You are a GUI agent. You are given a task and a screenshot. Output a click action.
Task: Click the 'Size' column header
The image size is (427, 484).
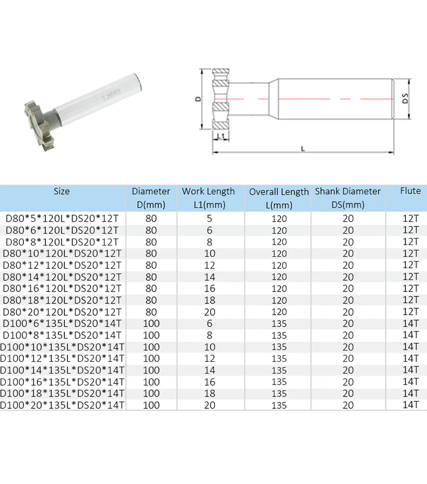pos(62,191)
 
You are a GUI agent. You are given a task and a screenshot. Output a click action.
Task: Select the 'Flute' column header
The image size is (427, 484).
pos(410,191)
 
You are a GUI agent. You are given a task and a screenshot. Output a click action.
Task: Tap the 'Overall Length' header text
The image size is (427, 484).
pos(279,192)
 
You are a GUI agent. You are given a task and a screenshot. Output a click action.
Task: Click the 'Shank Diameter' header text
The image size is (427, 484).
pos(348,191)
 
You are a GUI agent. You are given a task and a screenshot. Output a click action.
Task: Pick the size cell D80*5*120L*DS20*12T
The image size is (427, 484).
pos(62,218)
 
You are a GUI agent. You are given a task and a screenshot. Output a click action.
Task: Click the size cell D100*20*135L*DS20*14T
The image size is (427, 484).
pos(62,405)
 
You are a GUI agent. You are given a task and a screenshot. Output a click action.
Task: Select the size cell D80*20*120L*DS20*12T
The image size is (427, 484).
pos(62,311)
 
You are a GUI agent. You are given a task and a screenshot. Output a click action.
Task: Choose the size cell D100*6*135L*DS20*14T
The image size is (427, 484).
pos(62,323)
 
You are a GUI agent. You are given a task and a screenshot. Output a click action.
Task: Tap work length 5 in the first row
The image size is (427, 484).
pos(210,218)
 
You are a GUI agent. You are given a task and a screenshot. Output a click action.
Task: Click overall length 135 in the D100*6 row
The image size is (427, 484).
pos(279,323)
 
